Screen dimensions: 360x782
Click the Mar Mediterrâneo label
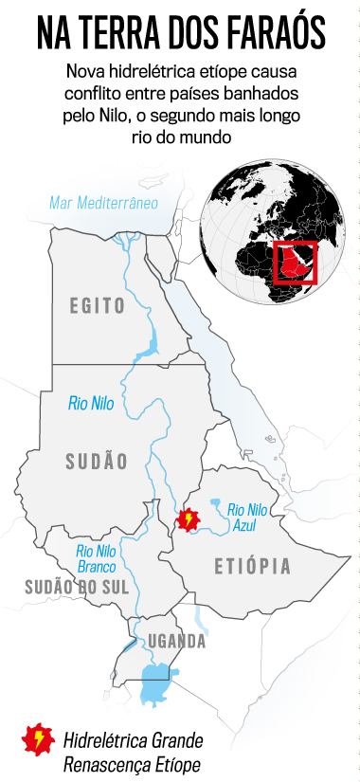tap(103, 203)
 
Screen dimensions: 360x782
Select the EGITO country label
tap(98, 305)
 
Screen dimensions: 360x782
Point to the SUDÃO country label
tap(97, 461)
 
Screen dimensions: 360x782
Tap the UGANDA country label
tap(176, 642)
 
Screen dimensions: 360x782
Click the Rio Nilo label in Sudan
tap(91, 403)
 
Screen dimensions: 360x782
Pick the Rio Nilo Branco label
tap(97, 558)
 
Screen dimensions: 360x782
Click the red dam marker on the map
tap(189, 519)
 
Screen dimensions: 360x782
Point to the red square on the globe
tap(294, 262)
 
